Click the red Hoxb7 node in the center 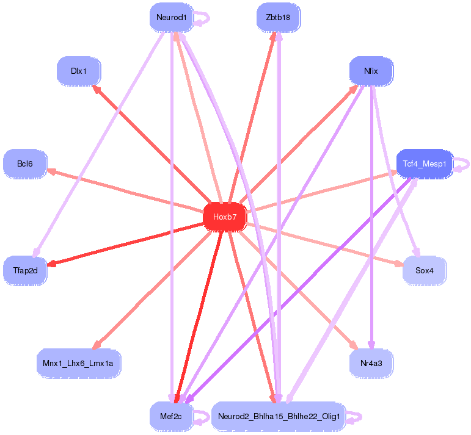coord(224,217)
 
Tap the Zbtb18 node coord(278,18)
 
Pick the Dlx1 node coord(78,71)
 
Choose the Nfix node coord(371,71)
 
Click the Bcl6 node coord(25,164)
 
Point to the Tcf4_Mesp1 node coord(425,164)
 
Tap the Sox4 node coord(425,270)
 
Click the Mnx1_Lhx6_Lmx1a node coord(78,363)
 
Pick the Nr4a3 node coord(371,363)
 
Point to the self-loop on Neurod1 coord(203,18)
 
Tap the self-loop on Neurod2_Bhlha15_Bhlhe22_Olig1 coord(356,417)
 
